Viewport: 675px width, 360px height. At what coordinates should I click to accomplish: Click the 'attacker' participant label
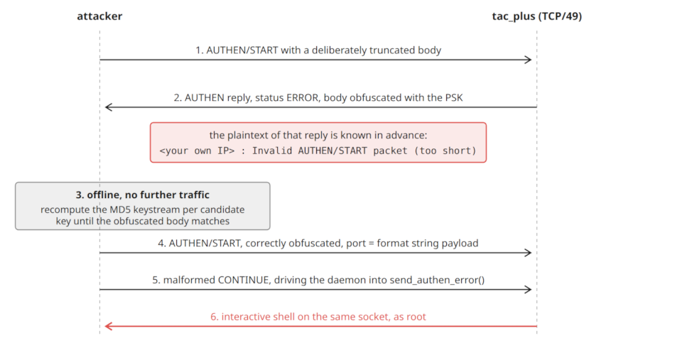pyautogui.click(x=99, y=16)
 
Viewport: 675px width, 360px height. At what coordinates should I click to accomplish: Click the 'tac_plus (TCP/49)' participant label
pyautogui.click(x=537, y=16)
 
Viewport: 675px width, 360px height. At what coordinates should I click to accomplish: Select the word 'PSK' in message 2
pyautogui.click(x=454, y=98)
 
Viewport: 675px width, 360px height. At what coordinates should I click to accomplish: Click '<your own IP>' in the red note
pyautogui.click(x=197, y=151)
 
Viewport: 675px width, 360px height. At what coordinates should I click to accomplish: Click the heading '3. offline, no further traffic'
pyautogui.click(x=143, y=195)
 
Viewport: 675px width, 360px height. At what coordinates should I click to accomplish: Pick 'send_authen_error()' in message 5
pyautogui.click(x=437, y=280)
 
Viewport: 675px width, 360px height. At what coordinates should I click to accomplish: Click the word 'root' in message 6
pyautogui.click(x=416, y=317)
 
